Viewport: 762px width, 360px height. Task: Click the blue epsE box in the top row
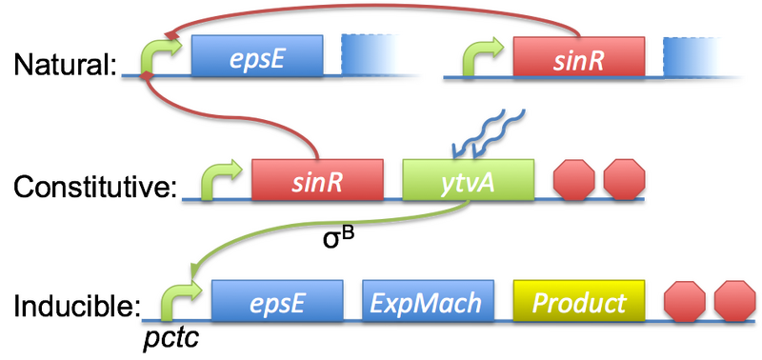coord(255,57)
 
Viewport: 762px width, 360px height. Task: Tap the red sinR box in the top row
coord(577,57)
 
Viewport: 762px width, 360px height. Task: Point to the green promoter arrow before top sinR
coord(478,59)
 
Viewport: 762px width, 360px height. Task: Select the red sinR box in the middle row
coord(316,178)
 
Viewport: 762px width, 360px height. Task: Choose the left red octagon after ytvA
coord(573,178)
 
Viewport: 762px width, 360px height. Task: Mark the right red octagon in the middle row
coord(624,178)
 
